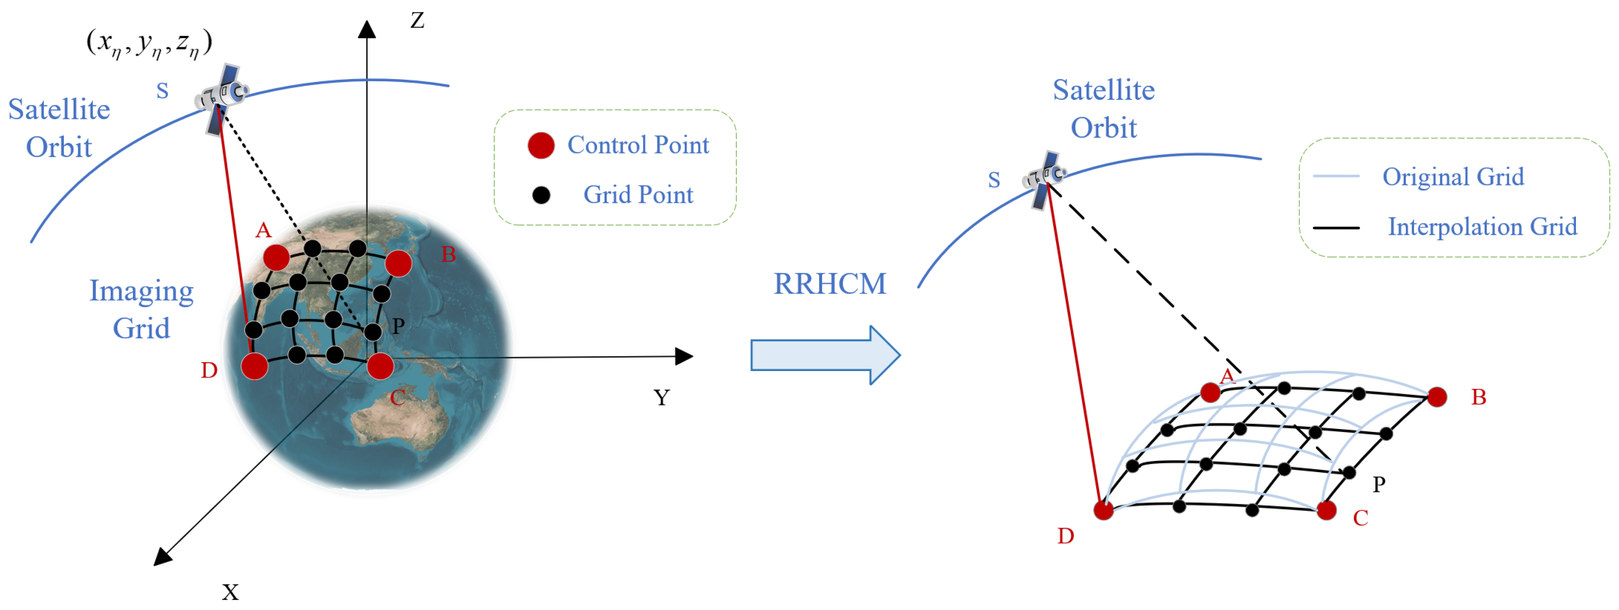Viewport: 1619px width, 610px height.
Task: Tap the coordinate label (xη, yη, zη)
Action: [x=149, y=43]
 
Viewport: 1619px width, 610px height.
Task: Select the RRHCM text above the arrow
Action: [x=829, y=284]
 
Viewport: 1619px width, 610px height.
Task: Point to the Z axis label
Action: [x=417, y=20]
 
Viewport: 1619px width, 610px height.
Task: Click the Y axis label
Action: [x=661, y=398]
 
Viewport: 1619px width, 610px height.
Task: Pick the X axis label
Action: [x=230, y=592]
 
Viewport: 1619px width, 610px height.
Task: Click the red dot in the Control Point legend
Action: [x=541, y=145]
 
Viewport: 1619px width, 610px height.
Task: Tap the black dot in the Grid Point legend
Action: [x=541, y=195]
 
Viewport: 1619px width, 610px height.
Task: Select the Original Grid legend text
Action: [x=1453, y=177]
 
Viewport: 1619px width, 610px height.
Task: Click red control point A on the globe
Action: [x=276, y=257]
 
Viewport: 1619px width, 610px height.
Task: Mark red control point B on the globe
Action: [x=399, y=263]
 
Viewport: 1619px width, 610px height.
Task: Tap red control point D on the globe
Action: [x=255, y=366]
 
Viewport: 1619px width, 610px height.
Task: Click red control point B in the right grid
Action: [x=1437, y=397]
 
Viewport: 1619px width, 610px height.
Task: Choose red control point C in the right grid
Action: [x=1326, y=510]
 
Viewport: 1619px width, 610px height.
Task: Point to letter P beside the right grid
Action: [x=1379, y=484]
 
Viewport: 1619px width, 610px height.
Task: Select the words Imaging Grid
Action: [x=142, y=309]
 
